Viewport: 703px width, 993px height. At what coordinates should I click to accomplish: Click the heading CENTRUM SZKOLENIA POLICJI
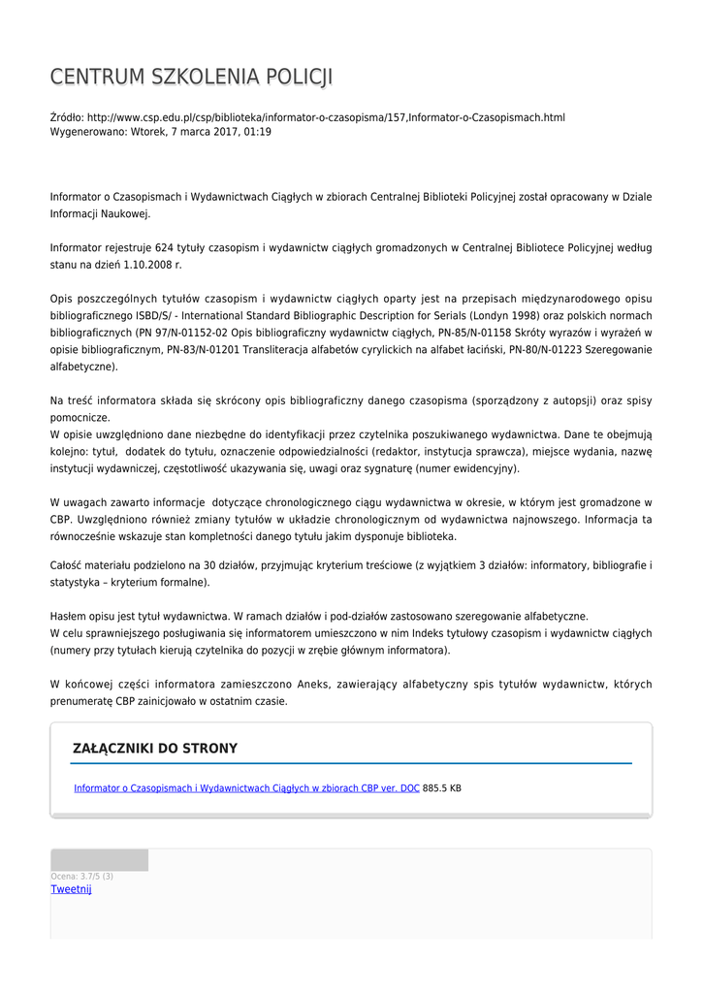[191, 77]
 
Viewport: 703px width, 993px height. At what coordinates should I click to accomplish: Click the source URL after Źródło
[326, 117]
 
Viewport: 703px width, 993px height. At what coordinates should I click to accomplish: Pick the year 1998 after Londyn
[513, 315]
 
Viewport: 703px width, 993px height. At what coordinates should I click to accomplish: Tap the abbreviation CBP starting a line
[60, 519]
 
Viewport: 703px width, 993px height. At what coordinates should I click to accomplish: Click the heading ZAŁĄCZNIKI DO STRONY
[155, 749]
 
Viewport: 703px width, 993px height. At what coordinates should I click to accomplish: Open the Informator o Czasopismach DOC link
[246, 788]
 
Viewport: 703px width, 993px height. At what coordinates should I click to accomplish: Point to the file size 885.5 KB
[442, 788]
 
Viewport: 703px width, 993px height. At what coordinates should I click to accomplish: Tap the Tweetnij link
[71, 889]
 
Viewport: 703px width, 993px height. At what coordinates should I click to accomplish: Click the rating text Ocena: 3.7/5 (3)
[82, 877]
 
